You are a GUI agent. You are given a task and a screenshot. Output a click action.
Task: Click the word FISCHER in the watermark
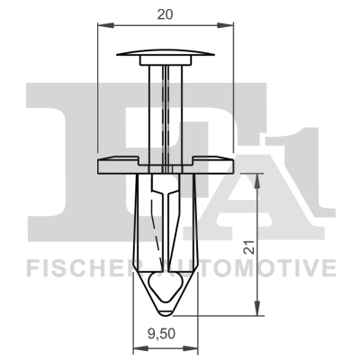pos(76,267)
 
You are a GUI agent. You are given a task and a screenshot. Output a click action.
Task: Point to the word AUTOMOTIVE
pos(261,267)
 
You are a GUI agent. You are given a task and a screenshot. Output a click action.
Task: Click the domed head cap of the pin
pos(166,52)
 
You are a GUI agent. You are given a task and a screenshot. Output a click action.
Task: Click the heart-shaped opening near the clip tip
pos(166,288)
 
